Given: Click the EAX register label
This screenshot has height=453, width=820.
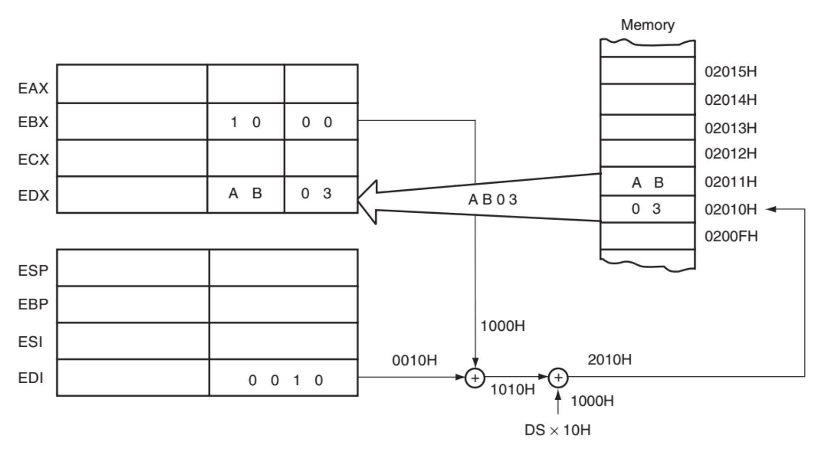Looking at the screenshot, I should click(33, 88).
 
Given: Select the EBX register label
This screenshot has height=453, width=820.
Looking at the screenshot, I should click(33, 122).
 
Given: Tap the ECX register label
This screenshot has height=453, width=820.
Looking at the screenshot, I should click(33, 159).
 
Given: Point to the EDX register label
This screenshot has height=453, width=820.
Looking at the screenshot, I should click(33, 195).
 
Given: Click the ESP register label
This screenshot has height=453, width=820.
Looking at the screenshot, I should click(33, 270).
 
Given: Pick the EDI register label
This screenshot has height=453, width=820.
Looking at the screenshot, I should click(30, 378).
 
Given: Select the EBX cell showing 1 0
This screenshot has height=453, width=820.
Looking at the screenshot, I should click(245, 122).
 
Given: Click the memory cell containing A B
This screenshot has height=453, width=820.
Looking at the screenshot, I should click(647, 182).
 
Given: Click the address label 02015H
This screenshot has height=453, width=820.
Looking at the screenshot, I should click(730, 72).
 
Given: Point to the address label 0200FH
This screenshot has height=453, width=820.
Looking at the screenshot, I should click(731, 236).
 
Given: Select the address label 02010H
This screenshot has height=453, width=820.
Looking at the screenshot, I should click(730, 210).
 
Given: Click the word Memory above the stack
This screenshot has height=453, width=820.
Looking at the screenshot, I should click(647, 25).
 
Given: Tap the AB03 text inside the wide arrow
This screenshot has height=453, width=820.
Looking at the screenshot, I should click(492, 199).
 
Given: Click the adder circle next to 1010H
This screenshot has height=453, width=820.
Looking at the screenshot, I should click(475, 378).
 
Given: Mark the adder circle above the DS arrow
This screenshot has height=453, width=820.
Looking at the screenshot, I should click(558, 378).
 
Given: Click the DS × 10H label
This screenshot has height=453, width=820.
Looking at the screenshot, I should click(557, 430).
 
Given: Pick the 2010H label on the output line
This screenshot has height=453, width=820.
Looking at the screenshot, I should click(609, 359).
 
